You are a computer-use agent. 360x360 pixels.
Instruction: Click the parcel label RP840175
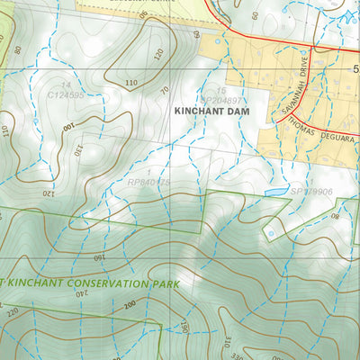pyautogui.click(x=149, y=183)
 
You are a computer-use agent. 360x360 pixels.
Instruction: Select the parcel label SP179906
pyautogui.click(x=310, y=192)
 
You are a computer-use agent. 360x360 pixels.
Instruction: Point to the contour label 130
pyautogui.click(x=77, y=148)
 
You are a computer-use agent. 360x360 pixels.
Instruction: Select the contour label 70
pyautogui.click(x=165, y=90)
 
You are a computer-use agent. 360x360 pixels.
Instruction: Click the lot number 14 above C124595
pyautogui.click(x=66, y=85)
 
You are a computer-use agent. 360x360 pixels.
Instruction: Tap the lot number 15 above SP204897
pyautogui.click(x=220, y=91)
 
